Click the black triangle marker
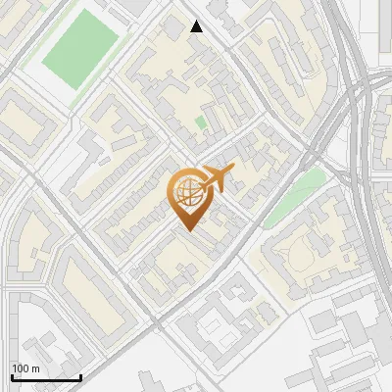[x=197, y=26]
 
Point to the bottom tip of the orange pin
[x=188, y=231]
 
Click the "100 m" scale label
[x=25, y=367]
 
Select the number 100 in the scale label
[x=21, y=367]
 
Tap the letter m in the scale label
[x=35, y=367]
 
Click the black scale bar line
[x=46, y=377]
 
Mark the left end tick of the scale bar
[x=12, y=375]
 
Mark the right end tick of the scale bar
[x=80, y=375]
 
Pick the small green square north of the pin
[x=201, y=122]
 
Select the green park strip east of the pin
[x=296, y=193]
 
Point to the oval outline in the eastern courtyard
[x=303, y=256]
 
